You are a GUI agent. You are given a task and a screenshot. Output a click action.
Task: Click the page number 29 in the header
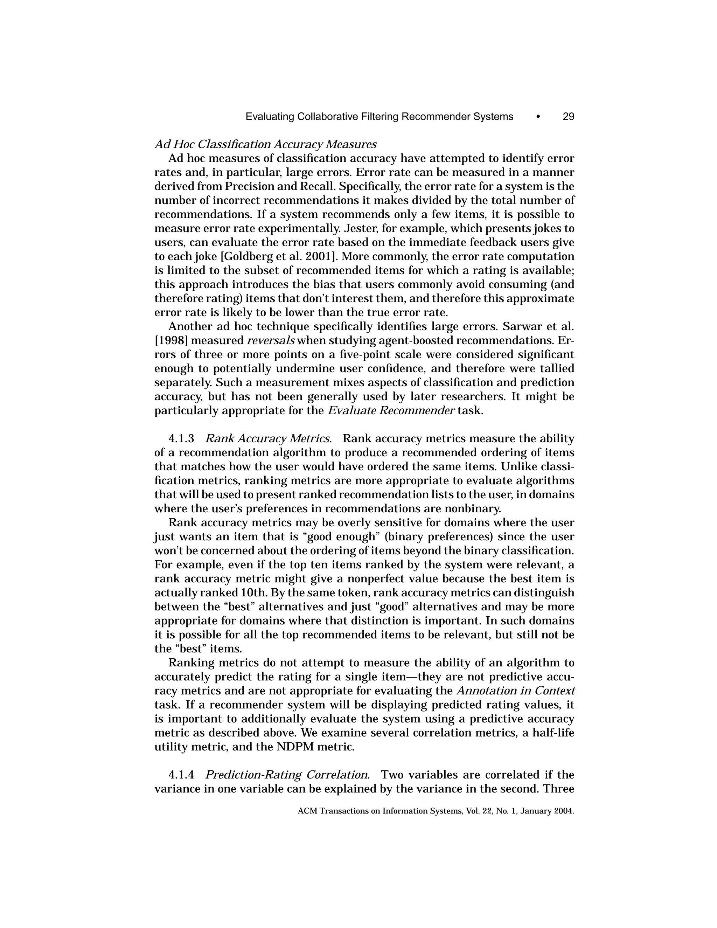(x=568, y=116)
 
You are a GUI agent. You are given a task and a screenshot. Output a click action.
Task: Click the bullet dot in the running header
(x=538, y=116)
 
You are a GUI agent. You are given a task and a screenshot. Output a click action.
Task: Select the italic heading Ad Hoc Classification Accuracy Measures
(x=265, y=145)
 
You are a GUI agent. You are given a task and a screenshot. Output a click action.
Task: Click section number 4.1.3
(x=181, y=438)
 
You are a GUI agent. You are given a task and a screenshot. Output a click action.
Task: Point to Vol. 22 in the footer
(x=478, y=811)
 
